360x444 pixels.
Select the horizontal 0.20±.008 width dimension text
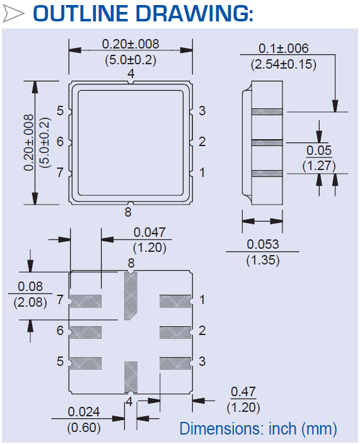tap(131, 44)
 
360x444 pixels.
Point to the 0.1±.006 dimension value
tap(283, 49)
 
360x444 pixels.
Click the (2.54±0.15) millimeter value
tap(283, 64)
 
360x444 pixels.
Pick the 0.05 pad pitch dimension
tap(318, 151)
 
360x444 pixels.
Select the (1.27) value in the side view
tap(318, 166)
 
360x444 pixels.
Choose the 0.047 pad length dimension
tap(149, 232)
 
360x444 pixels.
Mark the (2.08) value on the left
tap(30, 302)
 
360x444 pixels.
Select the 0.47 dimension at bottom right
tap(243, 392)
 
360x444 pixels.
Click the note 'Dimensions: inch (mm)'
tap(258, 429)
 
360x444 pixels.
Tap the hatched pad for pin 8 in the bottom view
tap(131, 296)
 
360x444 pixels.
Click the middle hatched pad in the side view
tap(267, 142)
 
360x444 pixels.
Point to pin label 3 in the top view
tap(202, 111)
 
